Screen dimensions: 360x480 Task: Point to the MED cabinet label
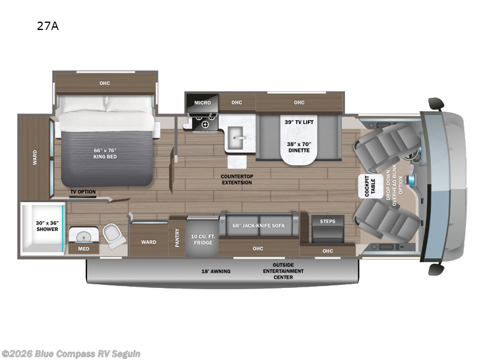pyautogui.click(x=83, y=248)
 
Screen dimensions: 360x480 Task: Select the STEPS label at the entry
pyautogui.click(x=327, y=221)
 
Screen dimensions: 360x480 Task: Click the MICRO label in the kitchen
pyautogui.click(x=202, y=103)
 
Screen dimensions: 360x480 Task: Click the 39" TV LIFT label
pyautogui.click(x=299, y=122)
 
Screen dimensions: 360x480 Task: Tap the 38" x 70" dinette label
pyautogui.click(x=299, y=148)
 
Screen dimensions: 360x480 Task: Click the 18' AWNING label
pyautogui.click(x=215, y=271)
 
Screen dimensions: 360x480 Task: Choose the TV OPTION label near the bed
pyautogui.click(x=83, y=192)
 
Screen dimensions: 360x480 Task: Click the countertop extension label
pyautogui.click(x=236, y=179)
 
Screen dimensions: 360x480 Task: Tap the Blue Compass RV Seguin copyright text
pyautogui.click(x=71, y=353)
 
